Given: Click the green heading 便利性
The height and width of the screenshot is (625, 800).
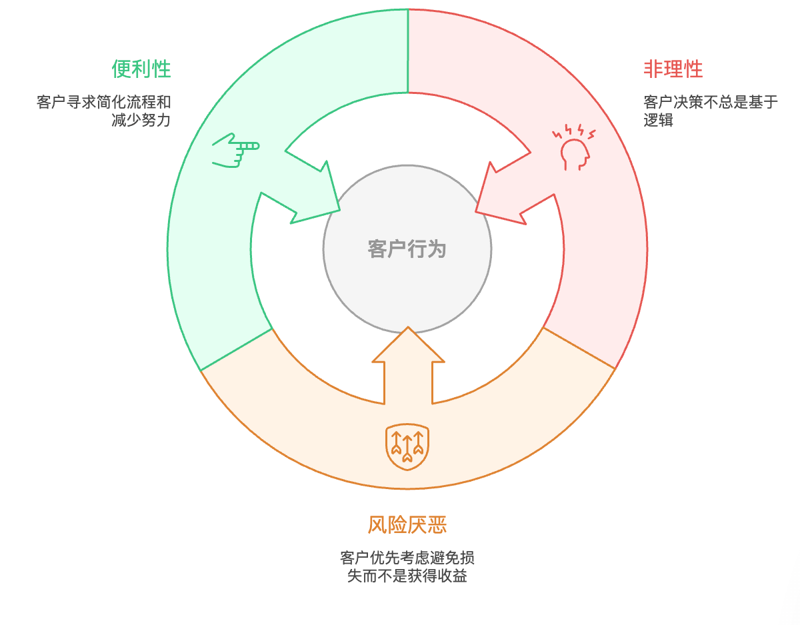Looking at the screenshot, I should (141, 69).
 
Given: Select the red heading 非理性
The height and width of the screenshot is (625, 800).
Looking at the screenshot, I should (673, 69).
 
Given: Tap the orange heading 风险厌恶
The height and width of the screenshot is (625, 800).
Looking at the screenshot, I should (407, 525).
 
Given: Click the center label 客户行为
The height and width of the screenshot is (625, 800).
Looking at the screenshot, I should (407, 249).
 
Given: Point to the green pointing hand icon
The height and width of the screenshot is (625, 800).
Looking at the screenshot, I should (235, 149).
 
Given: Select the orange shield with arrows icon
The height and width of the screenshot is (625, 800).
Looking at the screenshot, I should (407, 446).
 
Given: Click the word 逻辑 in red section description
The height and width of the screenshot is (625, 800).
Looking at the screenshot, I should (658, 121).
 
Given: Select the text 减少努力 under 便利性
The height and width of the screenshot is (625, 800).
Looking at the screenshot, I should (141, 121).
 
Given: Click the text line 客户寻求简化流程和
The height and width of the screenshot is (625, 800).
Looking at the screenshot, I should (103, 103).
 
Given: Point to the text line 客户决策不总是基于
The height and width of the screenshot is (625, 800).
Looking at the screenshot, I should (711, 103).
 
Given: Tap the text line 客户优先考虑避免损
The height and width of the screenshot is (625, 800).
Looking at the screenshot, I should (407, 558).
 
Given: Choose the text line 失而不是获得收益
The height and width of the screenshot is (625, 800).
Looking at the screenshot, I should (407, 576).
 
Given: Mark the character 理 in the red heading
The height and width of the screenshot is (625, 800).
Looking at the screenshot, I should (673, 69).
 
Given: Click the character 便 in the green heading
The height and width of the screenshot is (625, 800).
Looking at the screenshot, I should (121, 69).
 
